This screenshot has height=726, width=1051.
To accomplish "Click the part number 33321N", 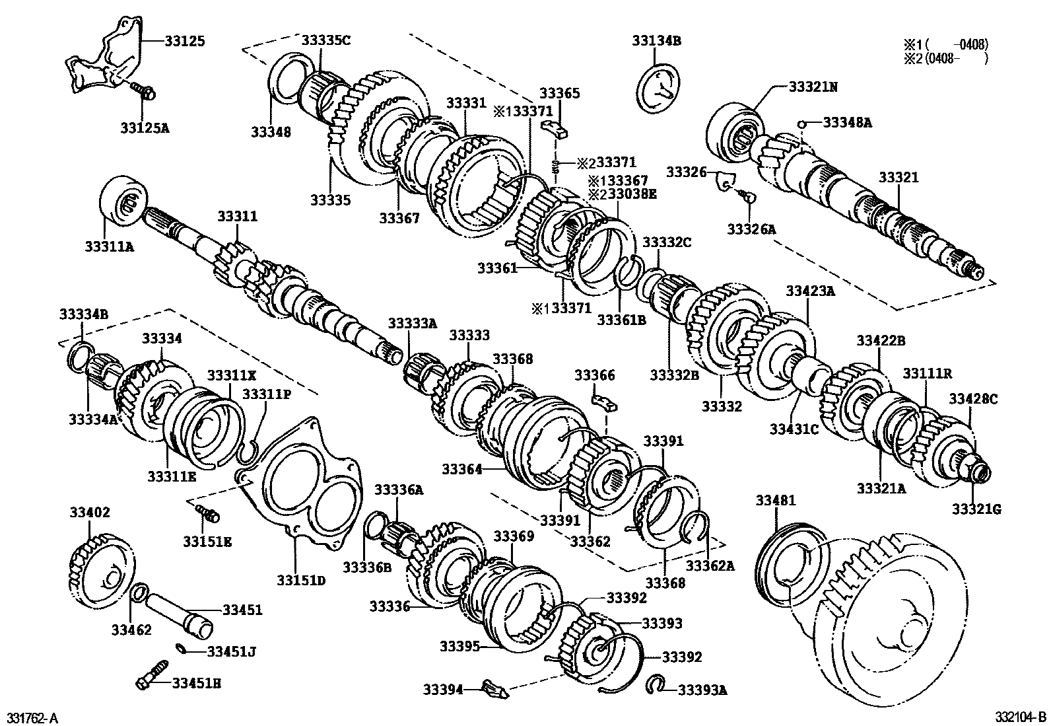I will tap(813, 87).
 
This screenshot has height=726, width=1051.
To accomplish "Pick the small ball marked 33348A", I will tap(801, 124).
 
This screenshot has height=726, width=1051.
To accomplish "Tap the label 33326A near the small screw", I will tap(751, 229).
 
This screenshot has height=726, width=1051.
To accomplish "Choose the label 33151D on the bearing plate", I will tap(301, 580).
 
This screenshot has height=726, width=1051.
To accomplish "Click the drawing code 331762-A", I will tap(32, 717).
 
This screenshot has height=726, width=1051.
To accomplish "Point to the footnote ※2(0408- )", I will tap(945, 59).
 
